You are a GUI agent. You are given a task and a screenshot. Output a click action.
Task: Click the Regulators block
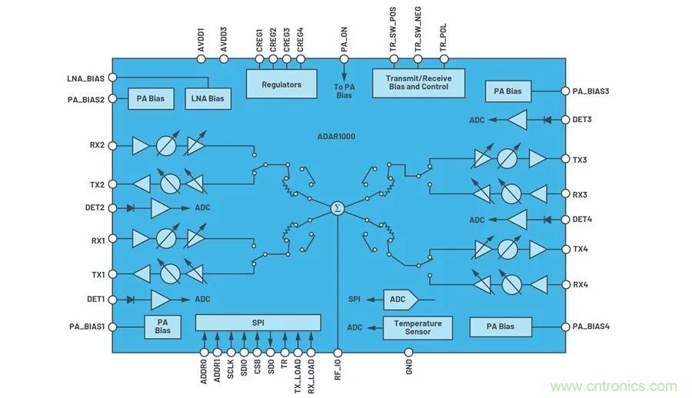281,84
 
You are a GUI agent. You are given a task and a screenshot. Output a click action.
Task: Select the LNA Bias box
207,98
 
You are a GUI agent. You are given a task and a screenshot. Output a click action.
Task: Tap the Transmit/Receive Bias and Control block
418,83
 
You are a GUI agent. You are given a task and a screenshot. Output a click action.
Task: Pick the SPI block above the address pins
258,323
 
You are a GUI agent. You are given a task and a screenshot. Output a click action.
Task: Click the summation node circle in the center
337,208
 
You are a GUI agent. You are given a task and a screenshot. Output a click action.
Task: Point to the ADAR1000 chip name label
336,136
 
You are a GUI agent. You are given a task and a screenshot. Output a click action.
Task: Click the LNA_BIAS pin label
86,78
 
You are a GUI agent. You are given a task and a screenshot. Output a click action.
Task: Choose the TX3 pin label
580,160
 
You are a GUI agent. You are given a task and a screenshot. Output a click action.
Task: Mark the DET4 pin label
582,220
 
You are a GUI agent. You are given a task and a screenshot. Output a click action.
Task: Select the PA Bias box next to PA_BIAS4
501,327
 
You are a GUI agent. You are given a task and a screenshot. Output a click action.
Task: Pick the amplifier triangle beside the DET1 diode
160,299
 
